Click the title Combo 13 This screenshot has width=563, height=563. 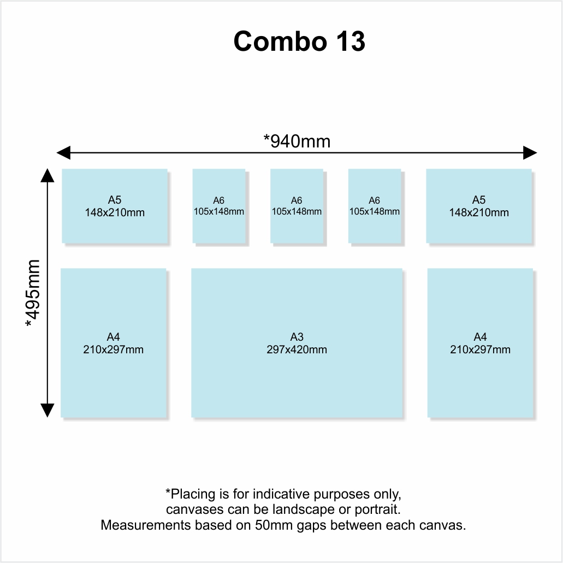pyautogui.click(x=299, y=42)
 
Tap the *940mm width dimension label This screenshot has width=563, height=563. pyautogui.click(x=297, y=141)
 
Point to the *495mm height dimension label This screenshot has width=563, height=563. pyautogui.click(x=33, y=293)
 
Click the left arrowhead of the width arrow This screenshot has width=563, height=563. pyautogui.click(x=63, y=152)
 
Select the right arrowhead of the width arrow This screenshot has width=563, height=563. pyautogui.click(x=530, y=152)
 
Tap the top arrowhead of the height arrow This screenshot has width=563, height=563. pyautogui.click(x=48, y=176)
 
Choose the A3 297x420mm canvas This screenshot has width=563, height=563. pyautogui.click(x=297, y=343)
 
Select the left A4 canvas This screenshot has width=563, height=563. pyautogui.click(x=114, y=343)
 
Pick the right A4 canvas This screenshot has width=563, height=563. pyautogui.click(x=480, y=343)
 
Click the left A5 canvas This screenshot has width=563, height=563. pyautogui.click(x=115, y=206)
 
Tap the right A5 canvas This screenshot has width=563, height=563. pyautogui.click(x=479, y=206)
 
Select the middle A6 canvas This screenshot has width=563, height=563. pyautogui.click(x=297, y=206)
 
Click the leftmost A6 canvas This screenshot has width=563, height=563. pyautogui.click(x=218, y=206)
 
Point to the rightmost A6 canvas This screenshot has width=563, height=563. pyautogui.click(x=375, y=206)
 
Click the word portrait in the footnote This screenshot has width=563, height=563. pyautogui.click(x=377, y=510)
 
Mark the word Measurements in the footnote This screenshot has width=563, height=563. pyautogui.click(x=146, y=525)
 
